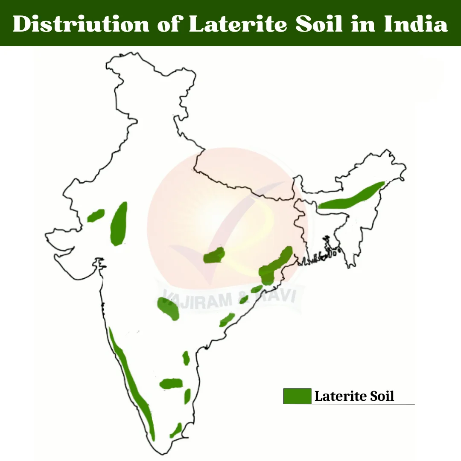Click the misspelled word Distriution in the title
pos(81,24)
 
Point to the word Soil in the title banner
pos(321,24)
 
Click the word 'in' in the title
pos(363,24)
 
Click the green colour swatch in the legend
pos(297,396)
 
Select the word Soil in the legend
pos(382,396)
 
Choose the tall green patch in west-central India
pos(119,224)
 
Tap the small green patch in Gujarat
pos(96,215)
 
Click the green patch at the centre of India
pos(214,256)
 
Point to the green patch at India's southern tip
pos(175,430)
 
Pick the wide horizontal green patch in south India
pos(171,383)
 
